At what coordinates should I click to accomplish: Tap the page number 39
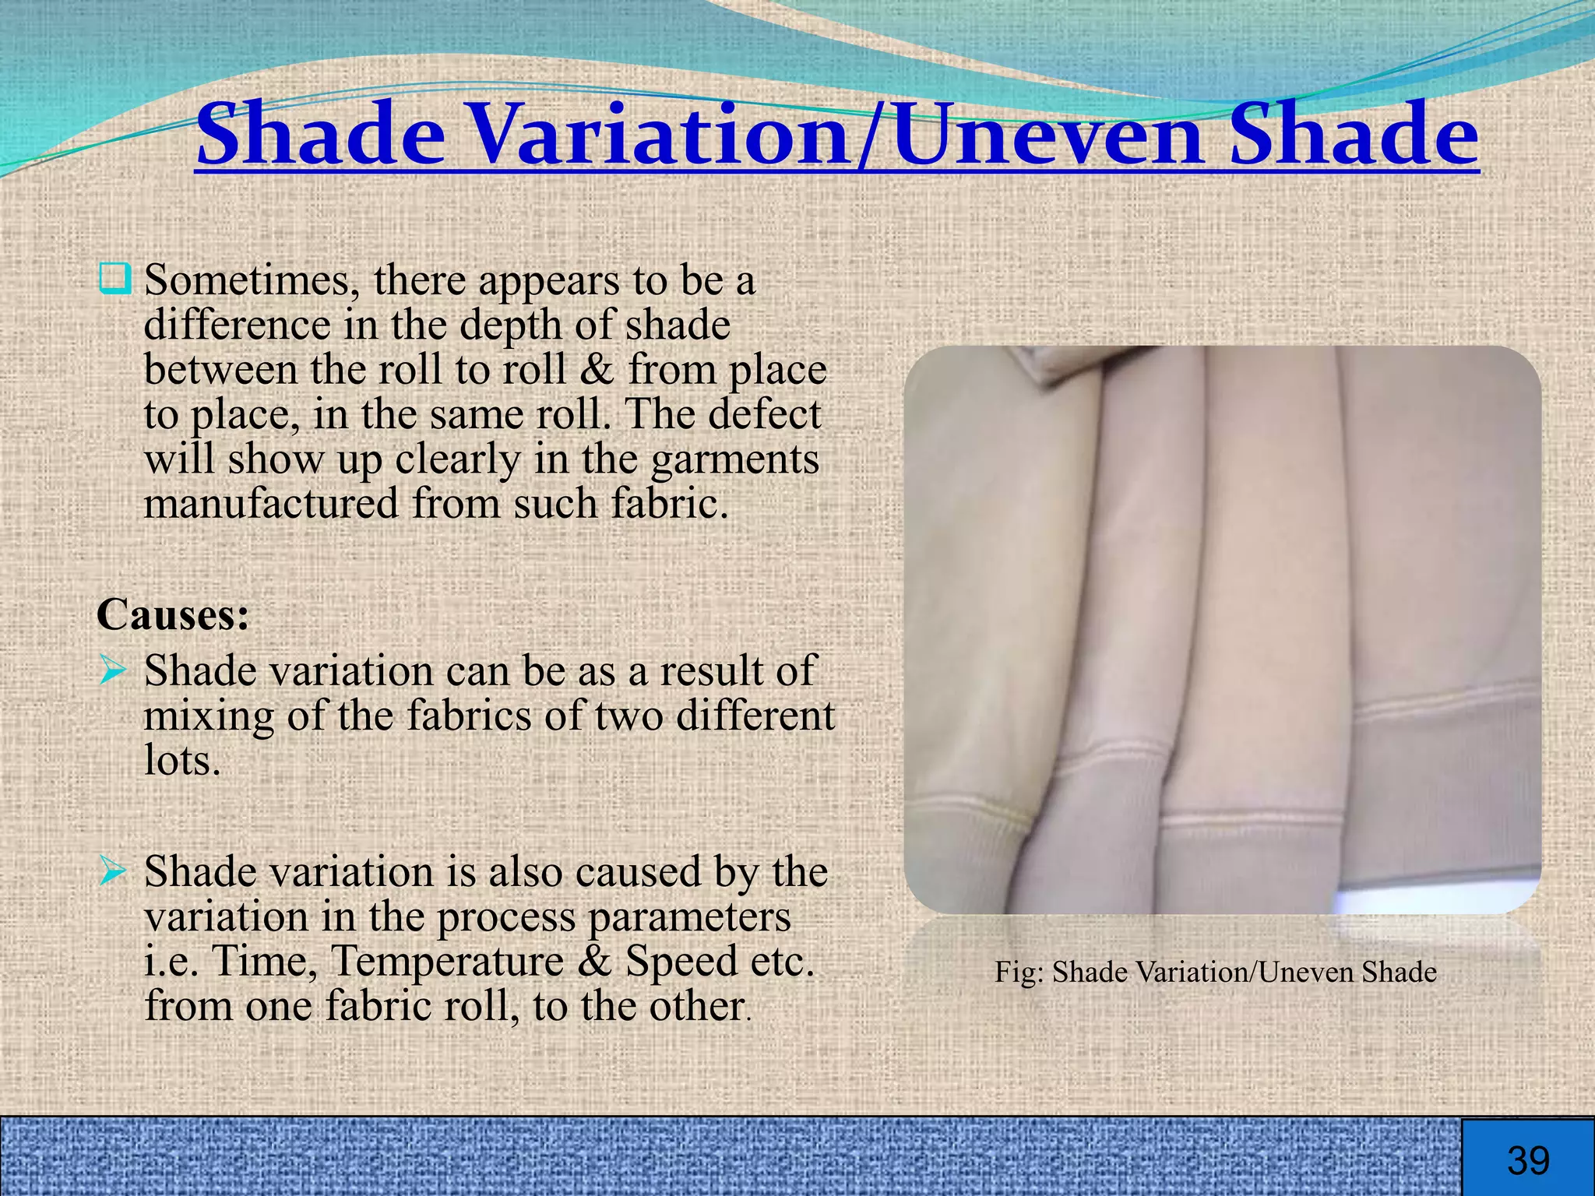(x=1528, y=1161)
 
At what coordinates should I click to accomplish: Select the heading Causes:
(x=173, y=615)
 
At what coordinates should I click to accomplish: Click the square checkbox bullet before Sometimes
(x=114, y=279)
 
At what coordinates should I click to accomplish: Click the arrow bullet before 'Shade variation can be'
(x=113, y=670)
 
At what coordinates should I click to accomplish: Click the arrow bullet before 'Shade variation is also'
(x=113, y=871)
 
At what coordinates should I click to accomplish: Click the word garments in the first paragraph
(x=734, y=459)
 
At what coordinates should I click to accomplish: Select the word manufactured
(x=271, y=504)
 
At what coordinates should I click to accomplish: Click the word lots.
(x=182, y=760)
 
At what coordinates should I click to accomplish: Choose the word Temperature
(x=447, y=961)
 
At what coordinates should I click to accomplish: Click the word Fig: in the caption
(x=1019, y=973)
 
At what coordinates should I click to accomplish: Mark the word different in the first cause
(x=755, y=716)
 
